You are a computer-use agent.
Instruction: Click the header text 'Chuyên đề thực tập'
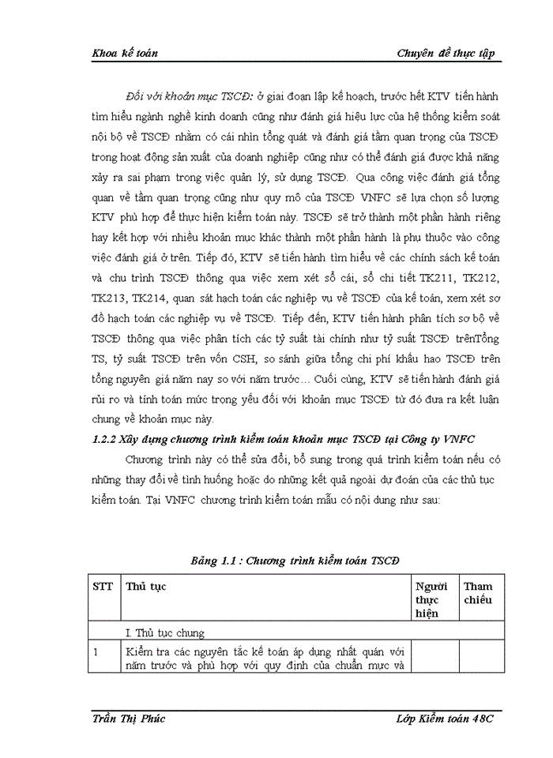[446, 53]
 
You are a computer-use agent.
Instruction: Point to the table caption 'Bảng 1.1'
[215, 560]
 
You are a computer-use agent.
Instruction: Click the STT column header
[103, 587]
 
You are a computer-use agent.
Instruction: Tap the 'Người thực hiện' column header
[431, 599]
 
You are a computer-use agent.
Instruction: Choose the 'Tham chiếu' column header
[478, 593]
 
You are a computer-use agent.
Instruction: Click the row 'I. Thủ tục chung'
[164, 632]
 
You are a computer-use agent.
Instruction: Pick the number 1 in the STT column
[96, 652]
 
